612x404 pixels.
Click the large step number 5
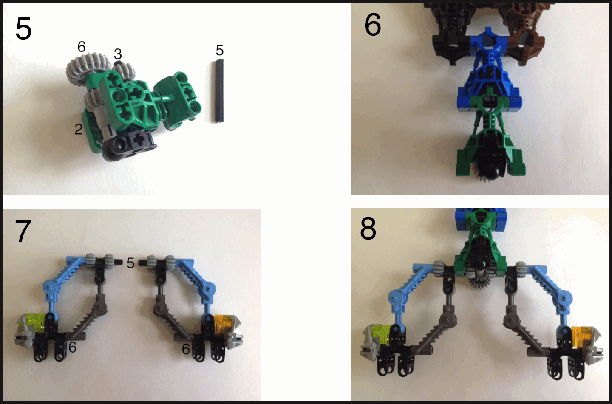click(x=23, y=28)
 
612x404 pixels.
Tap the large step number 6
click(x=373, y=25)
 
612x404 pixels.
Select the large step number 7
click(x=23, y=231)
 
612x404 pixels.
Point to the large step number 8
click(x=368, y=229)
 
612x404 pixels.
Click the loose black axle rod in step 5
click(x=219, y=90)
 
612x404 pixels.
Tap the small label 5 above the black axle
click(x=220, y=50)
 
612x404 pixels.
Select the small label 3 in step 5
click(x=118, y=54)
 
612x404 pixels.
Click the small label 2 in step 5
click(x=78, y=129)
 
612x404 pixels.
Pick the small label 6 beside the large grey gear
click(x=82, y=47)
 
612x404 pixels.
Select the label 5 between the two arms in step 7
click(x=130, y=263)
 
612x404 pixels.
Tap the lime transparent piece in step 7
click(x=36, y=322)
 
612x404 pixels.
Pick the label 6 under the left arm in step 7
click(x=72, y=347)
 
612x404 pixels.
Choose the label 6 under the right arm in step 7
click(x=186, y=349)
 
